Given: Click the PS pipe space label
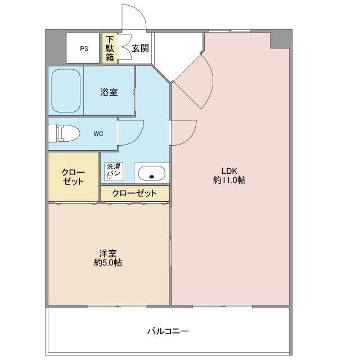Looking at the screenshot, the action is coord(84,49).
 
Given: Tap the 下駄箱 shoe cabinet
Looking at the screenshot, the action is coord(110,48).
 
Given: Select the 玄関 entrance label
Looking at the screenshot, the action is coord(140,48).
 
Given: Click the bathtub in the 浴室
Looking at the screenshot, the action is coord(66,91).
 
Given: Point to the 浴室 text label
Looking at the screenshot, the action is coord(109,92).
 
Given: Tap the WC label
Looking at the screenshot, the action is coord(98,134).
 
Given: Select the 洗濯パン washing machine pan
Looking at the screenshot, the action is coord(114,172).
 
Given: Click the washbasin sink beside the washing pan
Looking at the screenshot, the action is coord(151,173).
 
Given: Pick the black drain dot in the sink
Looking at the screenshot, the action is coord(151,177).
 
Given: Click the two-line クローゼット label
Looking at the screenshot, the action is coord(73,177).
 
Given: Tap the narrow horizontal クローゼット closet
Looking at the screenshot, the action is coord(135,193).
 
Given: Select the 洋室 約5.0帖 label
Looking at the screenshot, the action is coord(108,258).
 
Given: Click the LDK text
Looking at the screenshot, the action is coord(229,171).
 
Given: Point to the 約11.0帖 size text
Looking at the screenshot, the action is coord(229,180).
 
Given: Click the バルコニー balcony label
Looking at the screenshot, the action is coord(168,331).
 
